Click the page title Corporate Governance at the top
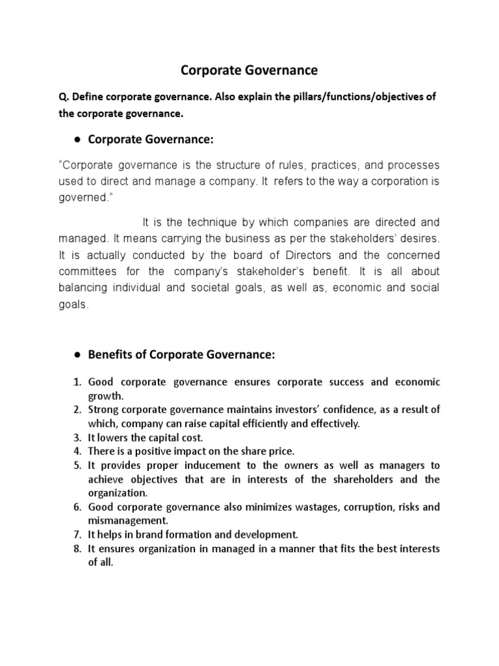point(249,70)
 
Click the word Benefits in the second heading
point(109,354)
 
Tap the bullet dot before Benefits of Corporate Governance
point(77,355)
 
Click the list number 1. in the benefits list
point(77,382)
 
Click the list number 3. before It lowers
point(77,437)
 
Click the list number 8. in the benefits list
point(77,549)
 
